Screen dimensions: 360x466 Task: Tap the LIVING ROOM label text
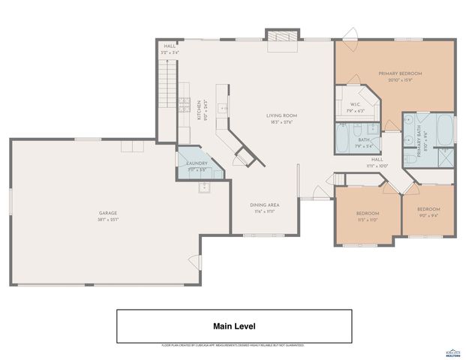point(282,115)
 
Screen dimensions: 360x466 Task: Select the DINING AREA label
point(265,205)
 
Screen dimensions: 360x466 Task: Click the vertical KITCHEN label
point(200,110)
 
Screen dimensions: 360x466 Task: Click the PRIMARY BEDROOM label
point(400,73)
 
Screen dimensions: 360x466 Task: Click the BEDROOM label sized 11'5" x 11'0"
point(368,213)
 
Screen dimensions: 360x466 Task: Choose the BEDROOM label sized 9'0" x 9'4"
point(428,209)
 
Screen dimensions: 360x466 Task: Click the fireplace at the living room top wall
point(283,37)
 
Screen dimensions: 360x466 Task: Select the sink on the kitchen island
point(222,109)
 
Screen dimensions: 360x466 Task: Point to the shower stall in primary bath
point(445,156)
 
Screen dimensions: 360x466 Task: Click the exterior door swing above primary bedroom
point(349,34)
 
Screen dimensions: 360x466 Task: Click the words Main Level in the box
point(234,326)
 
